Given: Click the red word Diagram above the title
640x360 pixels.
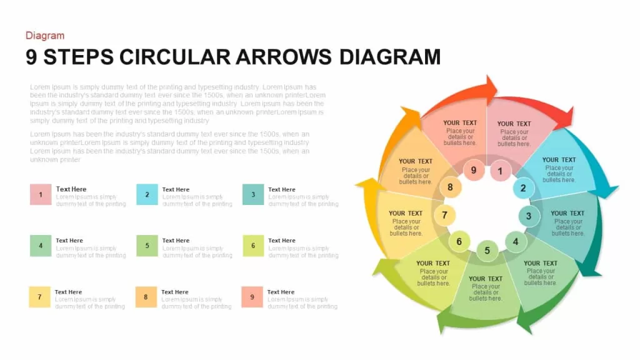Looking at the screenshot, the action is pyautogui.click(x=45, y=36).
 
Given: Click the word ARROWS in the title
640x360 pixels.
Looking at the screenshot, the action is pyautogui.click(x=283, y=57).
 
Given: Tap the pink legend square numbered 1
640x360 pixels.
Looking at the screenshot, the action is pyautogui.click(x=41, y=194).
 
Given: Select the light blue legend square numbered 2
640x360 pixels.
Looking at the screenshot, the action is pyautogui.click(x=147, y=194).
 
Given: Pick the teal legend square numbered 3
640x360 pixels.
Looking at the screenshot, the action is pyautogui.click(x=253, y=194).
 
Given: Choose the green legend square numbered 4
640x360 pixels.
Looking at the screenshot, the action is pyautogui.click(x=41, y=246).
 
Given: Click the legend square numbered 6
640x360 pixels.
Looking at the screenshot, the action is pyautogui.click(x=253, y=246).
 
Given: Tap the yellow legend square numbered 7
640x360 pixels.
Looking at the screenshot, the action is pyautogui.click(x=39, y=297).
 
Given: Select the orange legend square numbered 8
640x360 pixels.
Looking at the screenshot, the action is pyautogui.click(x=146, y=297).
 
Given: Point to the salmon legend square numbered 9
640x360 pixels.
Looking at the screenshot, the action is pyautogui.click(x=252, y=297).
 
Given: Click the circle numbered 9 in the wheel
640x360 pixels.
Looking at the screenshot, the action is pyautogui.click(x=474, y=170).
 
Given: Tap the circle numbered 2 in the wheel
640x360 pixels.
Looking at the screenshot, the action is pyautogui.click(x=523, y=188).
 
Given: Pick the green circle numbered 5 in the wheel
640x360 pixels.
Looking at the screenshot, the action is pyautogui.click(x=487, y=251).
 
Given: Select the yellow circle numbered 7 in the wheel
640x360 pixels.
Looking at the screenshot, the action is pyautogui.click(x=444, y=215).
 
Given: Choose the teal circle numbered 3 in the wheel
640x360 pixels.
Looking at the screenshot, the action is pyautogui.click(x=529, y=216).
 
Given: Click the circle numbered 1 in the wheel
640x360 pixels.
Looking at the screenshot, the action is pyautogui.click(x=500, y=171).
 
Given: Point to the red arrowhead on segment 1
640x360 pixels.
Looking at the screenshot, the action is pyautogui.click(x=564, y=117).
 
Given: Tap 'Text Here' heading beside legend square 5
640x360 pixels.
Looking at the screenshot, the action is pyautogui.click(x=176, y=241).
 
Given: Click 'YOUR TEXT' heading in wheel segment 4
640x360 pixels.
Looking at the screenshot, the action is pyautogui.click(x=541, y=263).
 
